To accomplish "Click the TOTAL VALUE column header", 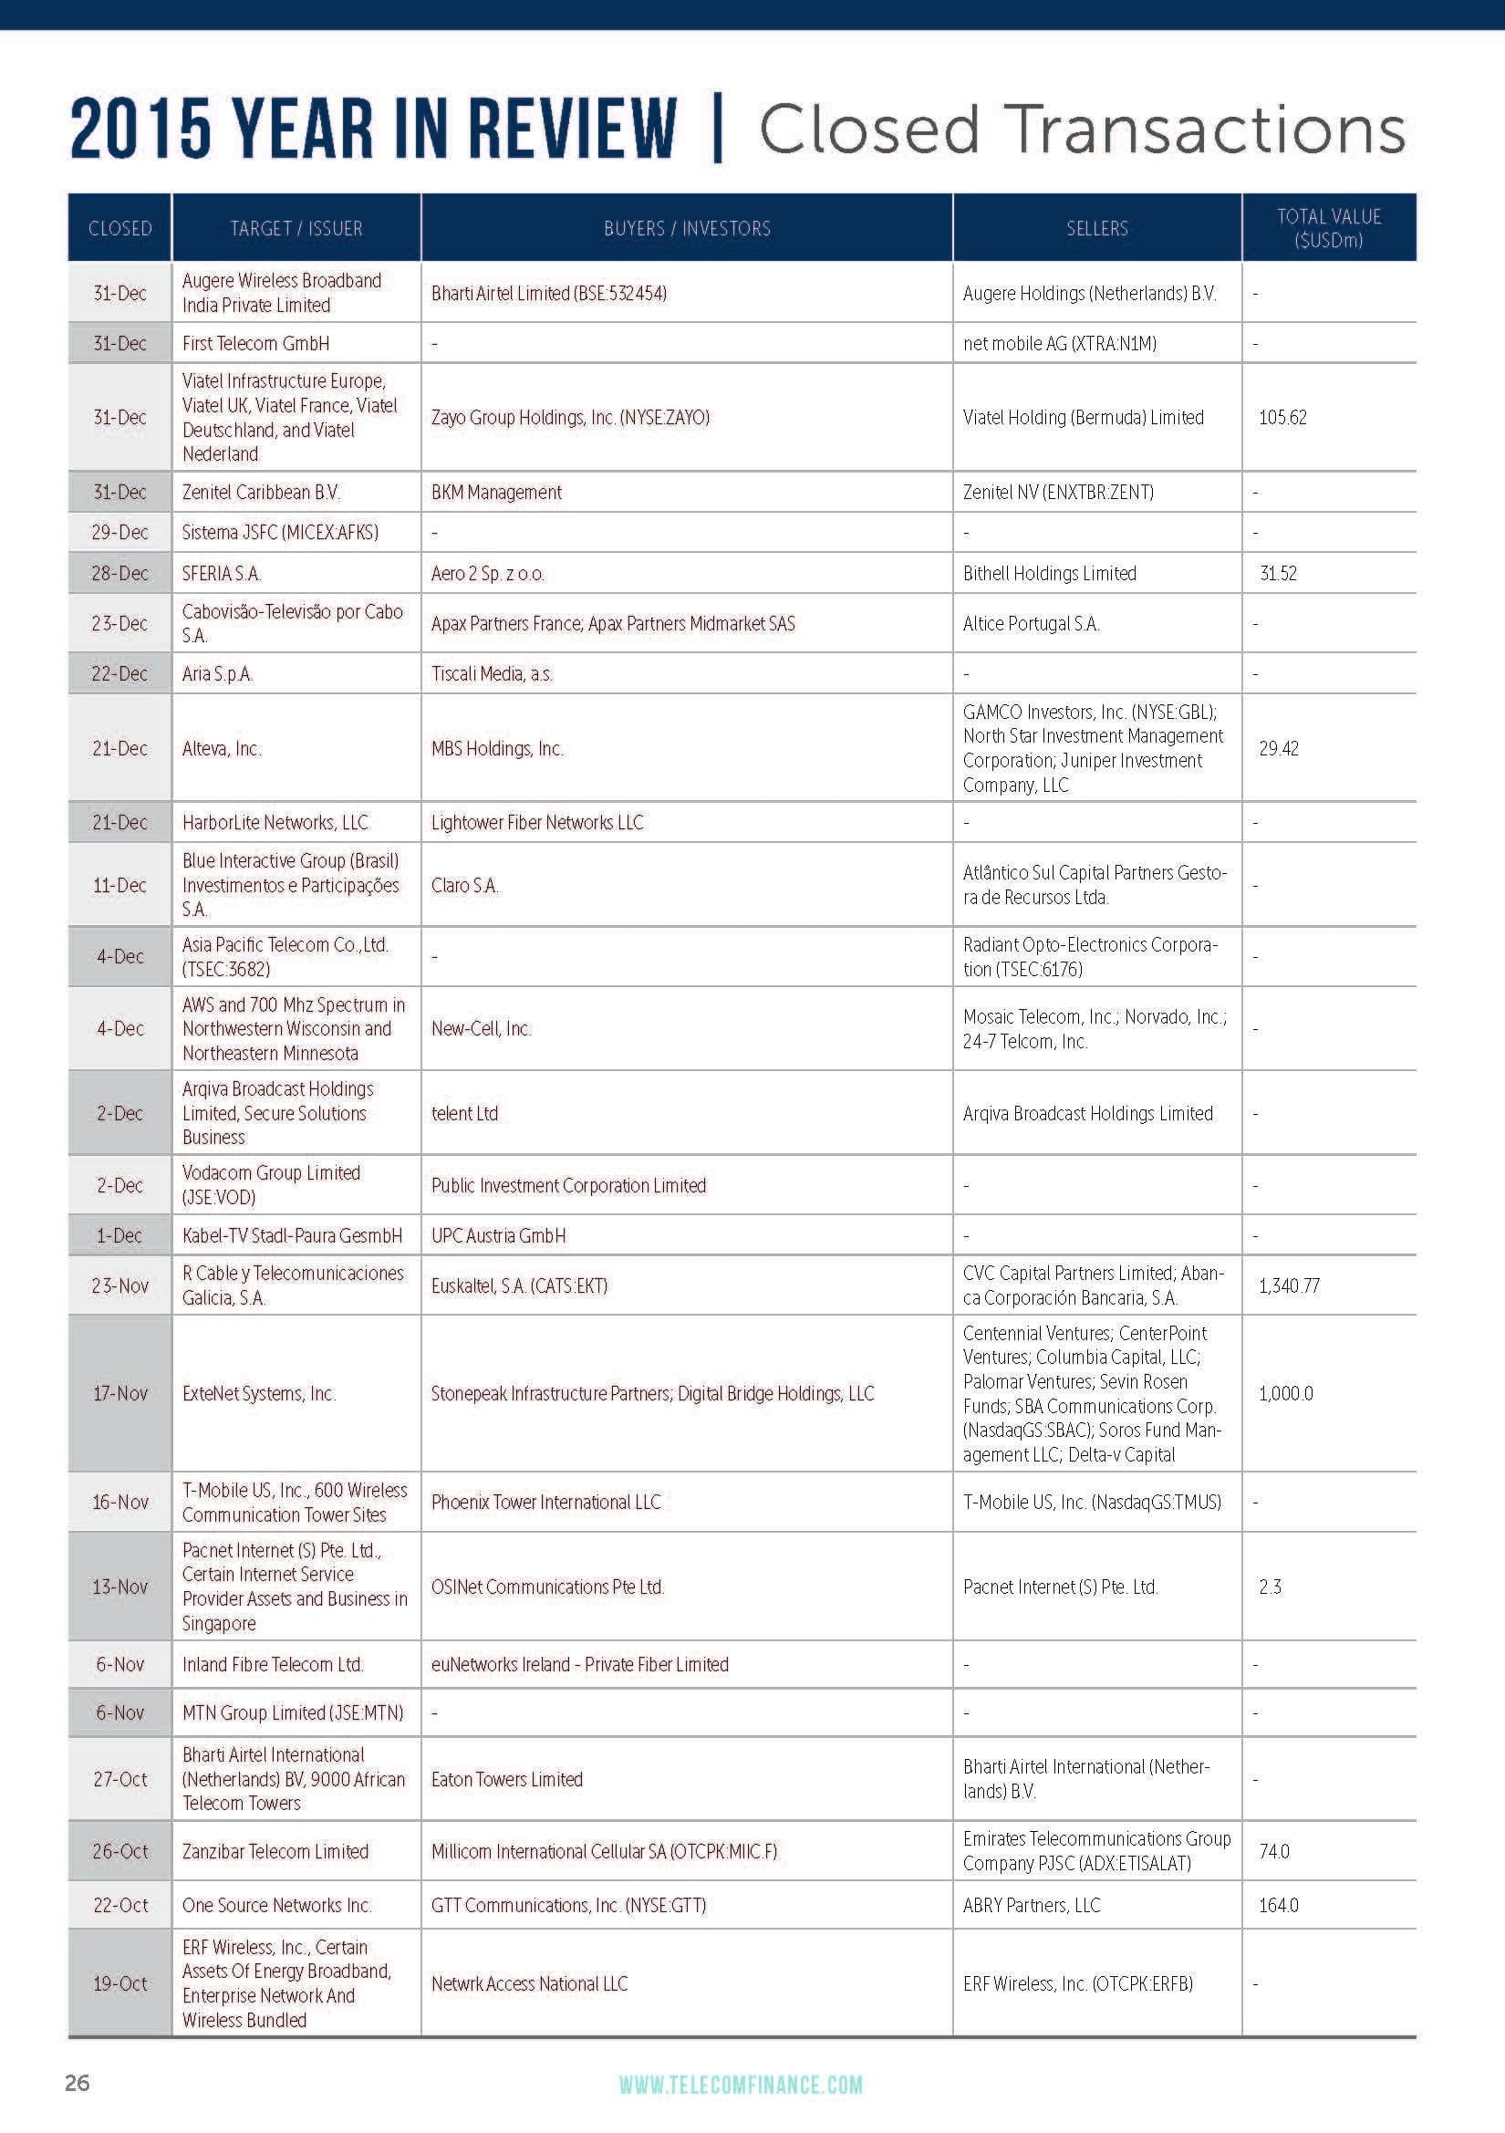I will point(1328,228).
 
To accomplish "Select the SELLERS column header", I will point(1096,228).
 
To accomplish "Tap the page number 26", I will point(78,2082).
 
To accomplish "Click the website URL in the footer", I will point(741,2085).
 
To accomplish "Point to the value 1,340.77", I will point(1289,1285).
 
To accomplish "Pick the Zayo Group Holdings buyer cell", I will point(570,417).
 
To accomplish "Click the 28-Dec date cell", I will point(119,573).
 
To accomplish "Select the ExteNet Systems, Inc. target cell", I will point(259,1393).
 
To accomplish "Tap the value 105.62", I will point(1282,417).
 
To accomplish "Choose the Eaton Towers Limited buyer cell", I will point(507,1779).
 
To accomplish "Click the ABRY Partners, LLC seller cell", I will point(1032,1906).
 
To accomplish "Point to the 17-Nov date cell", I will point(119,1393).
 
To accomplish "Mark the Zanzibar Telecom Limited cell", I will point(275,1851).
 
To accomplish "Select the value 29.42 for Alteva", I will point(1278,749).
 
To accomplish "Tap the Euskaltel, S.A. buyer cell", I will point(519,1285).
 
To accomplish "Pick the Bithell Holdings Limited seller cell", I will point(1049,573).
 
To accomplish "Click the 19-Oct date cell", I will point(119,1983).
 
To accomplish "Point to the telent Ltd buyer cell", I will point(464,1113).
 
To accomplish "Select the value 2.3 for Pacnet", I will point(1270,1587).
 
